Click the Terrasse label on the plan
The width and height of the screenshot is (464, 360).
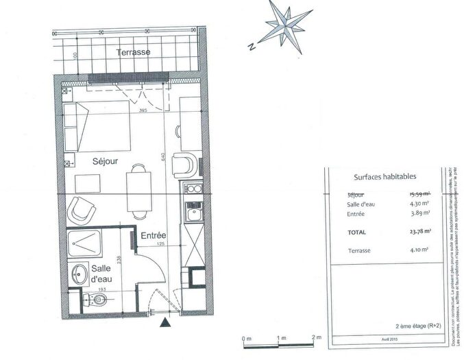tap(133, 53)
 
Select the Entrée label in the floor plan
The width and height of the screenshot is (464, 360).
tap(154, 236)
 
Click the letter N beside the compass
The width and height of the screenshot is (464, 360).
tap(252, 47)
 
